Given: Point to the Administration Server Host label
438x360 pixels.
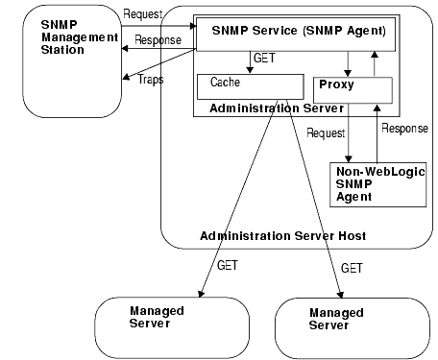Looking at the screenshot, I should [282, 236].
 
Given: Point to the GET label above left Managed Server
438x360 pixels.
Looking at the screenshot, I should [228, 263].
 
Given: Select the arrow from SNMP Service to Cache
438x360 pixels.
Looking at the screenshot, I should [246, 60].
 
